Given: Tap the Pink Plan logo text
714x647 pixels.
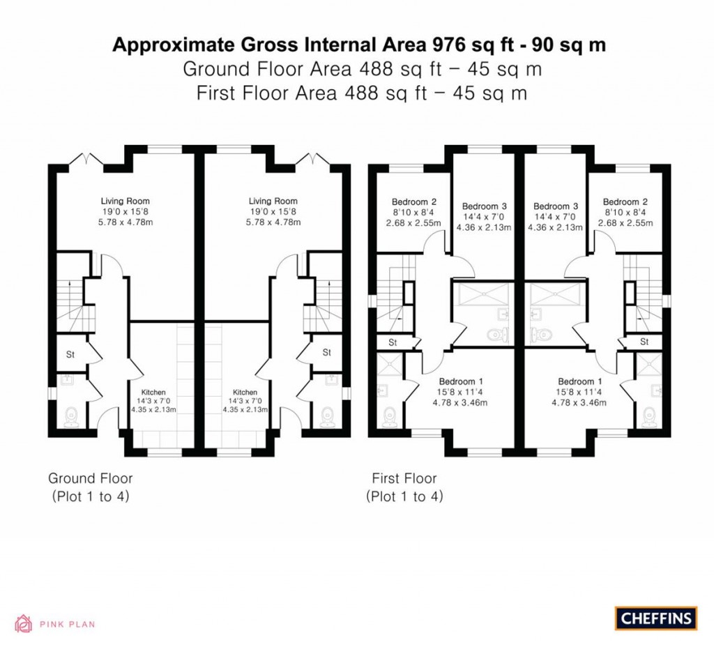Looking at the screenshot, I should coord(66,624).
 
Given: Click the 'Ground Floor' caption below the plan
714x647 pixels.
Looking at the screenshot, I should coord(90,478).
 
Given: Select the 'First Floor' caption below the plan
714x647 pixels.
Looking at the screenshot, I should coord(404,478).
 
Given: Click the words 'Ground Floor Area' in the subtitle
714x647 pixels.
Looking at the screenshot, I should coord(268,69).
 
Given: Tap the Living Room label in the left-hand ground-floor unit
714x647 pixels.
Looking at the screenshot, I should coord(126,201).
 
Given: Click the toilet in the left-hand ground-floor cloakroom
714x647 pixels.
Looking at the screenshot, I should coord(70,416).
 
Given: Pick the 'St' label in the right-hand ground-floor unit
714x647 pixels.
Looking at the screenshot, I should coord(326,353).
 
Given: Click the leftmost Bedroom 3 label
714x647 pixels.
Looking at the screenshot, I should coord(483,206).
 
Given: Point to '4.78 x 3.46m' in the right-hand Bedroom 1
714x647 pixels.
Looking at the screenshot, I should coord(580,402).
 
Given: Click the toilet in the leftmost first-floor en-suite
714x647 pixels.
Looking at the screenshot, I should coord(390,417).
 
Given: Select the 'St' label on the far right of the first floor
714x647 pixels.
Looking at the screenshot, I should coord(644,342).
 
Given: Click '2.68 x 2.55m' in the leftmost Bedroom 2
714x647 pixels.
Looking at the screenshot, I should coord(413,224).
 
